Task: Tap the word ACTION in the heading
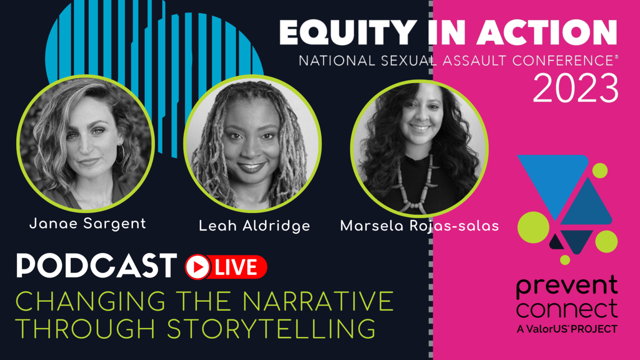[547, 32]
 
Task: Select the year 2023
[575, 88]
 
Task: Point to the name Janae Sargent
[88, 224]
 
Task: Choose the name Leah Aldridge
[254, 226]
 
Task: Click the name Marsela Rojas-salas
[420, 226]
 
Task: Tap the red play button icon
[197, 267]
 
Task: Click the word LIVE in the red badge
[236, 267]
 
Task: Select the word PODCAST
[97, 265]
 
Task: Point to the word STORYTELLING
[271, 329]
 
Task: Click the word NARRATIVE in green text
[318, 301]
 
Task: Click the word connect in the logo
[567, 309]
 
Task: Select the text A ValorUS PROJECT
[567, 329]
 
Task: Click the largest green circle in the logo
[533, 227]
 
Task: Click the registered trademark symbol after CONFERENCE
[616, 57]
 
